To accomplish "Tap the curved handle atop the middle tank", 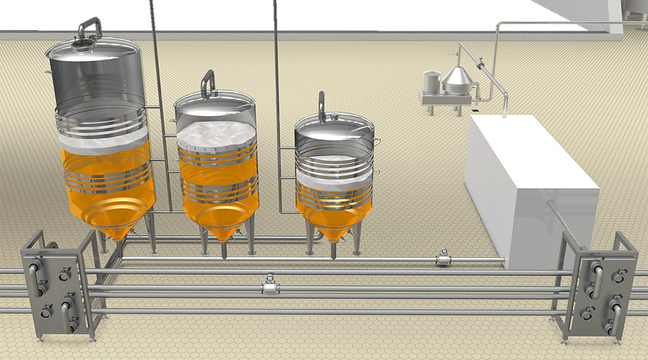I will tap(208, 83).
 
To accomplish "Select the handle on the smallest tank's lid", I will tap(321, 106).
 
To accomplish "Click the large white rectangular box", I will tap(529, 183).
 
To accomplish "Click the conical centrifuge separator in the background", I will tap(458, 80).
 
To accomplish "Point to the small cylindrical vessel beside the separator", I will tap(432, 83).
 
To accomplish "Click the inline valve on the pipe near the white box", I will tap(444, 259).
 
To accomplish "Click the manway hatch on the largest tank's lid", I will tap(83, 45).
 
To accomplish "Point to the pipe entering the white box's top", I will tap(504, 105).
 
